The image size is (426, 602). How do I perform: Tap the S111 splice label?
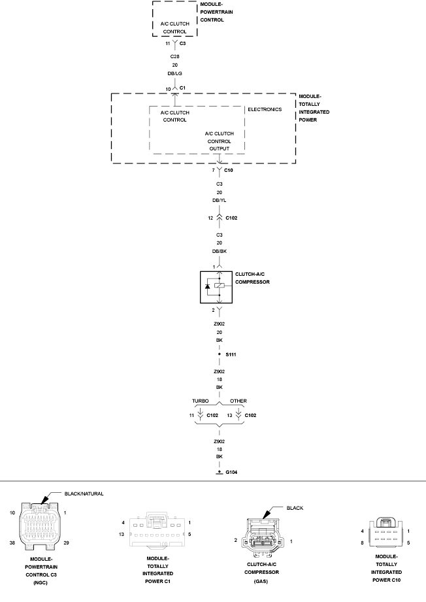[231, 354]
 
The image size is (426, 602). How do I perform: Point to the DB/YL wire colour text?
[220, 201]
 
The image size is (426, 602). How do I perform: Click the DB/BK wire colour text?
[220, 251]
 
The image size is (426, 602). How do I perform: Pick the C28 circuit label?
[174, 58]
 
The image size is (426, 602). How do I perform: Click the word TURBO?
[200, 401]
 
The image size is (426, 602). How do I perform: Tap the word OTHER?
[238, 401]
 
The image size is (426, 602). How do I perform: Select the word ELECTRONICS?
[265, 109]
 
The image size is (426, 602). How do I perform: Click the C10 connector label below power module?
[229, 170]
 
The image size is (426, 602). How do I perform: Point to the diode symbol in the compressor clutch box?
[208, 286]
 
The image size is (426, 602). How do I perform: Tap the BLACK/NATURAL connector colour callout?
[84, 494]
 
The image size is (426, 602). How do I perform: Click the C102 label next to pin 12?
[232, 218]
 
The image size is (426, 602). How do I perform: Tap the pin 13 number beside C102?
[229, 415]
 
